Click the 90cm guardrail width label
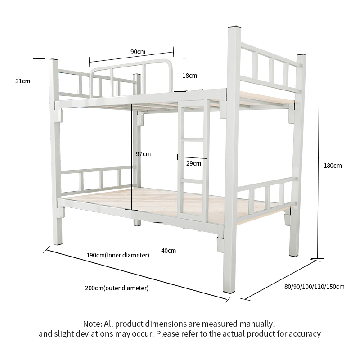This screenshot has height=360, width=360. (x=138, y=52)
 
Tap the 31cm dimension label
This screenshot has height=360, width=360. (x=23, y=81)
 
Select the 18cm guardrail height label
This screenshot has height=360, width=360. (x=189, y=76)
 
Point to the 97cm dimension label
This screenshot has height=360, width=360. (x=143, y=154)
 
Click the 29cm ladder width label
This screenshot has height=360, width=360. (x=193, y=163)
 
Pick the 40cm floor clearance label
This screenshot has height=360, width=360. (x=168, y=251)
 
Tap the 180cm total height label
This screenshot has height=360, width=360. (x=333, y=166)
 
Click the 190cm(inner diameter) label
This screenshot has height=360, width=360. (x=118, y=255)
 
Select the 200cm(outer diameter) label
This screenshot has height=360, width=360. (x=117, y=288)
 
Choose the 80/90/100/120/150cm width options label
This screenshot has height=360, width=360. (x=314, y=287)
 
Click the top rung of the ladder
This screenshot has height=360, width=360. (x=193, y=139)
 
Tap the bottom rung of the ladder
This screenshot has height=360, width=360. (x=192, y=181)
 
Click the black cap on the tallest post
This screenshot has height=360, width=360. (x=235, y=27)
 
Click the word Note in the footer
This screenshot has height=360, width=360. (x=93, y=324)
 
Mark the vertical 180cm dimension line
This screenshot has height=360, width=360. (x=319, y=157)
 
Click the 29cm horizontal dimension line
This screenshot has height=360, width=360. (x=192, y=157)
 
